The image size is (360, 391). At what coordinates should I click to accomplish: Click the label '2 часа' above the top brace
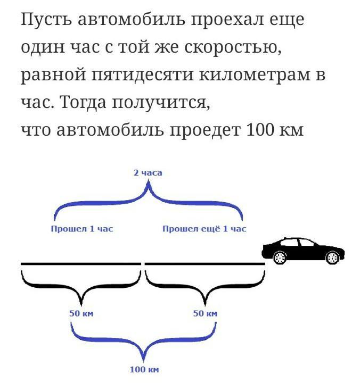click(148, 172)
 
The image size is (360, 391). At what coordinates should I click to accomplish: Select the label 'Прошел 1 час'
click(82, 228)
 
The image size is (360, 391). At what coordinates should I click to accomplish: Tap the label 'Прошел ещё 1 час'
click(204, 228)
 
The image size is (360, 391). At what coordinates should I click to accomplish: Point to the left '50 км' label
click(81, 313)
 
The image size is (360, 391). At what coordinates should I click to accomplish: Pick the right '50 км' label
click(205, 313)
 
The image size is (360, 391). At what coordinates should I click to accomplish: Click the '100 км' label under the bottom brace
click(144, 369)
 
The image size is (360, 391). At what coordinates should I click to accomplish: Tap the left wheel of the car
click(280, 257)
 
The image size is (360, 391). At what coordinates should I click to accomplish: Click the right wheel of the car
click(332, 257)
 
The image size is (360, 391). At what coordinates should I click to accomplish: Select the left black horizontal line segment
click(81, 263)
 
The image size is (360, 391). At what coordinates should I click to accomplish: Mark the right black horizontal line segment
click(204, 263)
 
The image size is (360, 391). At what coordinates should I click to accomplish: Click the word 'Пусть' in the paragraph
click(46, 20)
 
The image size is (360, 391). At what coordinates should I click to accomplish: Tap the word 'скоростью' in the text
click(233, 47)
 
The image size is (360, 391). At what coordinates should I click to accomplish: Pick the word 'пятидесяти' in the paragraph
click(143, 76)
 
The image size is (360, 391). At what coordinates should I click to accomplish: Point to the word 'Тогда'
click(84, 102)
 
